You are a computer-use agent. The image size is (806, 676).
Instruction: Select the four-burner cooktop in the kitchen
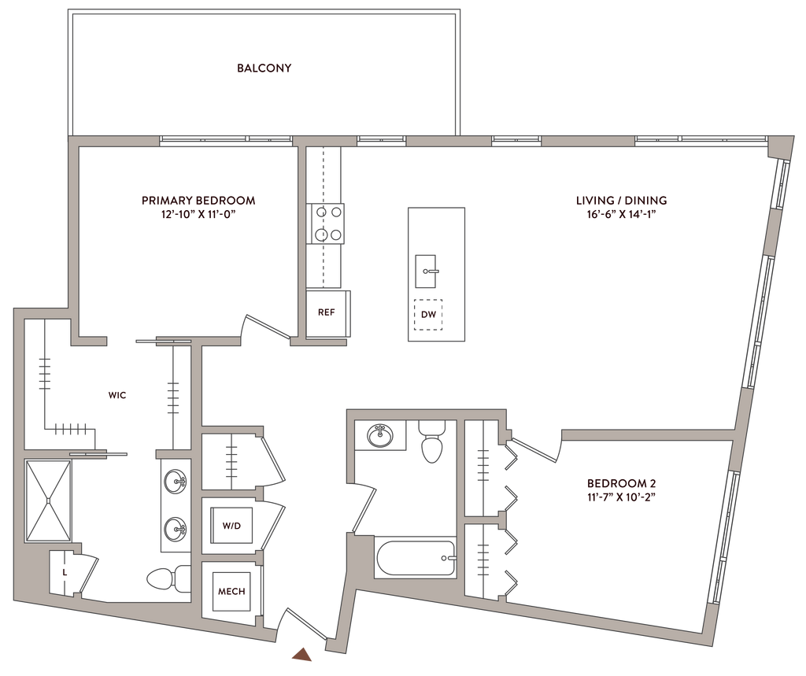[x=327, y=223]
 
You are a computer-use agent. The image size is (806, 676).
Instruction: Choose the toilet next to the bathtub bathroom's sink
[x=431, y=442]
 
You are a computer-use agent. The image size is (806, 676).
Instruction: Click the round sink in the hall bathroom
[x=381, y=434]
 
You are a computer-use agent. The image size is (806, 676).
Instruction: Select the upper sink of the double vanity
[x=175, y=480]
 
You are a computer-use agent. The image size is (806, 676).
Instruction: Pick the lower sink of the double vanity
[x=175, y=526]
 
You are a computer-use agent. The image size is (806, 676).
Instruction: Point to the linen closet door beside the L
[x=88, y=573]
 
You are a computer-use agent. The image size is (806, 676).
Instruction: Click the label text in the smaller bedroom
[x=622, y=489]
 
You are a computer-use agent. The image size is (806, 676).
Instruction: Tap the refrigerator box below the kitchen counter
[x=326, y=313]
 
